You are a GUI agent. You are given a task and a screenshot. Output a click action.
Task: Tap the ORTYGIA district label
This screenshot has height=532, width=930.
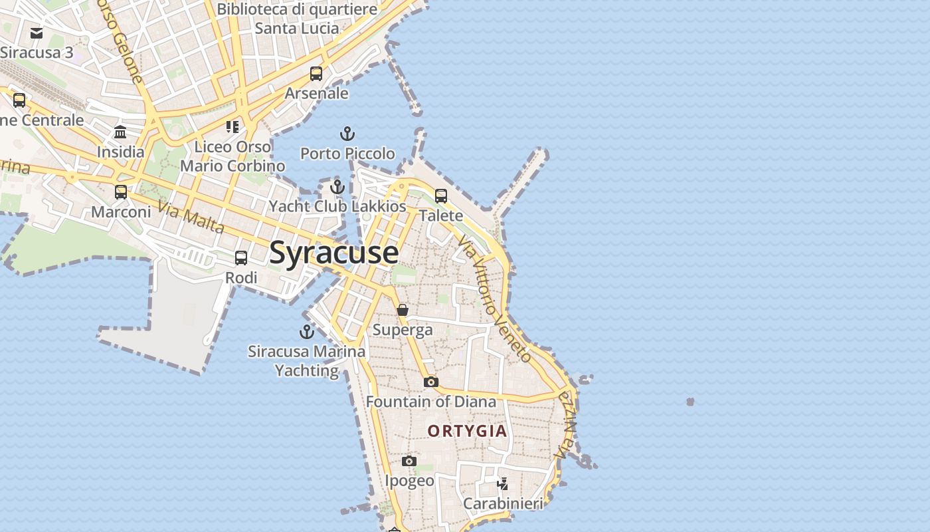pos(467,431)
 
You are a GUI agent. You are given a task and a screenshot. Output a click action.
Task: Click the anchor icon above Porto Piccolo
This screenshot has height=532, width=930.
pos(347,134)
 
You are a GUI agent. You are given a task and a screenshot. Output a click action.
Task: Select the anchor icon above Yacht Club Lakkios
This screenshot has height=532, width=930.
pos(337,186)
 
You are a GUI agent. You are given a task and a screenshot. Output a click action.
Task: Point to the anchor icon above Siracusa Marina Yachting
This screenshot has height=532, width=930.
pos(306,331)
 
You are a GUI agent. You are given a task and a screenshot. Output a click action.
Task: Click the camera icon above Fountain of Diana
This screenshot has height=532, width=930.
pos(431,382)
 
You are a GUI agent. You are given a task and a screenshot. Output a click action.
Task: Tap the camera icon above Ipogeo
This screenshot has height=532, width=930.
pos(409,461)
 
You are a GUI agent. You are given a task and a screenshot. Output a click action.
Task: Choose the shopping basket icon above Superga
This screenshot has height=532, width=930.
pos(403,310)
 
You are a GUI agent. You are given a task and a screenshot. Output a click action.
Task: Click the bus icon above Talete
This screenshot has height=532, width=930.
pos(441,196)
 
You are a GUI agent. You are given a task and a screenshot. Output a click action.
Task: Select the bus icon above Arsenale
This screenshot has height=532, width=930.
pos(316,74)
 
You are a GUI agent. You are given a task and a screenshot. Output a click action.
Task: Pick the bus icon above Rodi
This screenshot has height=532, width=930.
pos(241,258)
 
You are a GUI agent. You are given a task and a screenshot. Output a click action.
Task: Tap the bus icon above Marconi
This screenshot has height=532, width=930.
pos(121,192)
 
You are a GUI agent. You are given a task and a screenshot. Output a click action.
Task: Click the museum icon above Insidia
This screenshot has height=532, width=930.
pos(120,132)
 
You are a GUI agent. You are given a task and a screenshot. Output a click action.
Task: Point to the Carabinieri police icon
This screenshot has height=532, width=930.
pos(503,483)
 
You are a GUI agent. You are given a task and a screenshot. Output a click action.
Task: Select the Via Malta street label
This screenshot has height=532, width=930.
pos(191,219)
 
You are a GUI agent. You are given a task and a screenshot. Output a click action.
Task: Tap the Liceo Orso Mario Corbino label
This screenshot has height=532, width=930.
pos(232,156)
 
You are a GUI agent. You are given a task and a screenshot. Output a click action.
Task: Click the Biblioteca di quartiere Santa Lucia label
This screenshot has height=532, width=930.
pos(297,19)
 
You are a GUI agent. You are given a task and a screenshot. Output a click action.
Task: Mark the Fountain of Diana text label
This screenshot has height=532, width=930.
pos(431,402)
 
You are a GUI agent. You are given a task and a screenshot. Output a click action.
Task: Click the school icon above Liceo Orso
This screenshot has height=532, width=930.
pos(232,126)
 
